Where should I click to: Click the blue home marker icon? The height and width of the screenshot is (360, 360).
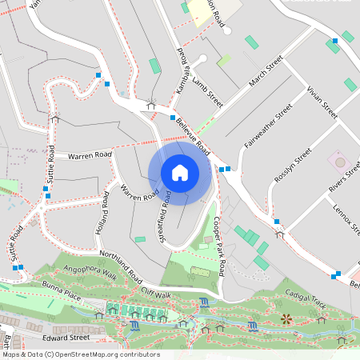tap(180, 172)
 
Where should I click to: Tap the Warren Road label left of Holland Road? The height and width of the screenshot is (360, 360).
tap(90, 154)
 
